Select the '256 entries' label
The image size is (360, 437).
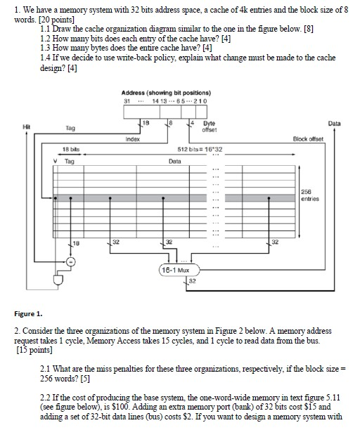310,195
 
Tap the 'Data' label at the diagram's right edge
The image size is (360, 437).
334,123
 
